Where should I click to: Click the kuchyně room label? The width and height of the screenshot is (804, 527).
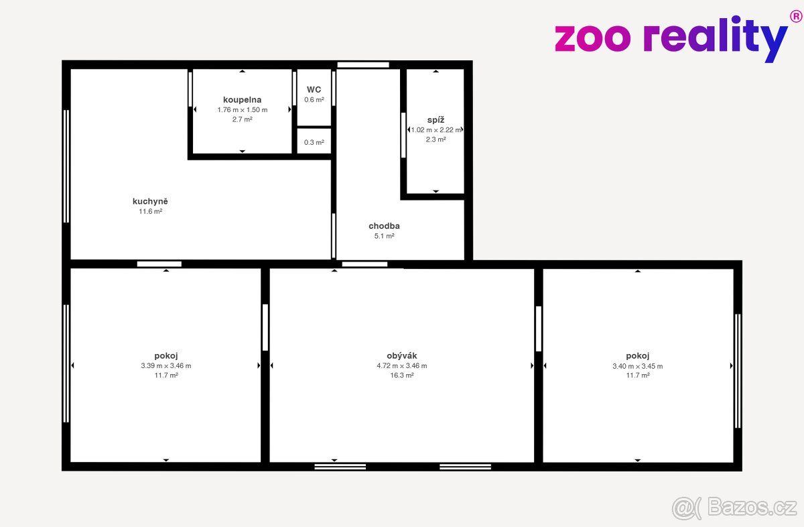pos(150,202)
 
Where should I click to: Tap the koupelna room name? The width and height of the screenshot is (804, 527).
pos(243,100)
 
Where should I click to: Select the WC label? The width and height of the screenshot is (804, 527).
pos(314,89)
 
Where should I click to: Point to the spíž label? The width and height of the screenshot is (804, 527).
pos(435,120)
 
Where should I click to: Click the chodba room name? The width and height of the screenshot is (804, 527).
pos(384,226)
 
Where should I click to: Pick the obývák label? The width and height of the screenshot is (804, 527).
pos(402,355)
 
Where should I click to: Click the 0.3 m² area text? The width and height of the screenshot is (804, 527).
pos(314,142)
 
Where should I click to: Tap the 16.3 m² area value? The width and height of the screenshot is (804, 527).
pos(402,375)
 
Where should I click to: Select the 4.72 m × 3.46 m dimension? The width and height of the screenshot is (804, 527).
pos(402,365)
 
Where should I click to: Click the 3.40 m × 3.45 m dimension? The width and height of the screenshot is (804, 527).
pos(637,366)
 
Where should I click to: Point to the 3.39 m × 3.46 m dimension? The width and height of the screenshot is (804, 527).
pos(166,365)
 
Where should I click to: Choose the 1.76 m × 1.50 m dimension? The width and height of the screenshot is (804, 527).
pos(243,110)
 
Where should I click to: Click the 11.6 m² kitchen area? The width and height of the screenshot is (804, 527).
pos(150,212)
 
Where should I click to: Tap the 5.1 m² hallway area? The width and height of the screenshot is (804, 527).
pos(385,236)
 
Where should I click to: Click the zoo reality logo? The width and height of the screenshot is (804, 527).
pos(671,39)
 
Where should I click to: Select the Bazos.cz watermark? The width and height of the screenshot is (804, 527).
pos(734,508)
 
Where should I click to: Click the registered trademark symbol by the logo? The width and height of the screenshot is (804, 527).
pos(796,17)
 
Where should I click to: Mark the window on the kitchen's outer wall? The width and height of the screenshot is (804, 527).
pos(66,166)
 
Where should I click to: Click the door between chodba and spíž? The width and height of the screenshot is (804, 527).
pos(403,135)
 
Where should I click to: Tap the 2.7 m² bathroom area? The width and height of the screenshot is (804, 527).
pos(243,119)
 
